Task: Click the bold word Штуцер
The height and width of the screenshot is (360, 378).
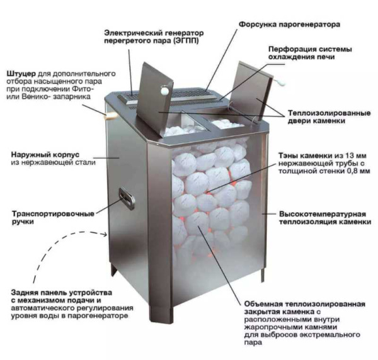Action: [x=21, y=74]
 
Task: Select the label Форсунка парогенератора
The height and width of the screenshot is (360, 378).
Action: [x=289, y=25]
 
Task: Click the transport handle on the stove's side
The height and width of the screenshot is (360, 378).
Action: [x=127, y=198]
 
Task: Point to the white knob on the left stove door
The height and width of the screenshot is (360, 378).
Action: [x=164, y=91]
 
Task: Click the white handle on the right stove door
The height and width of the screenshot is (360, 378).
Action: [x=280, y=82]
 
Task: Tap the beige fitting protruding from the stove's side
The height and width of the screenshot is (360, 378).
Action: [x=111, y=116]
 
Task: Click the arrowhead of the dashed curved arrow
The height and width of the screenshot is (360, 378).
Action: [x=105, y=234]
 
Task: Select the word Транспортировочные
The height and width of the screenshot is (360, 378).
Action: [x=53, y=214]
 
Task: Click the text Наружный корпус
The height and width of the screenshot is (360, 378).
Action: [x=45, y=154]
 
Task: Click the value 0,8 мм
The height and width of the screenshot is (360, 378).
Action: [x=357, y=171]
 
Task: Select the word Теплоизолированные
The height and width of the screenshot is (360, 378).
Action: [x=329, y=113]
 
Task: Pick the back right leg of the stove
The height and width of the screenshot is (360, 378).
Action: [x=263, y=275]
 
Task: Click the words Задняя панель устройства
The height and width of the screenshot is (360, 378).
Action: [x=62, y=293]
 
